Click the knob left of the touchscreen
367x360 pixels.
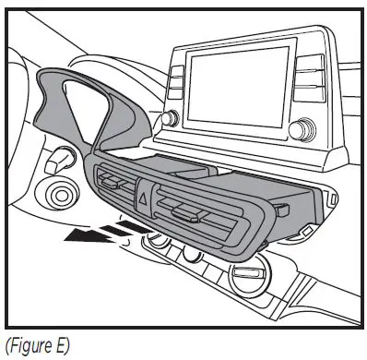coord(169,118)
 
